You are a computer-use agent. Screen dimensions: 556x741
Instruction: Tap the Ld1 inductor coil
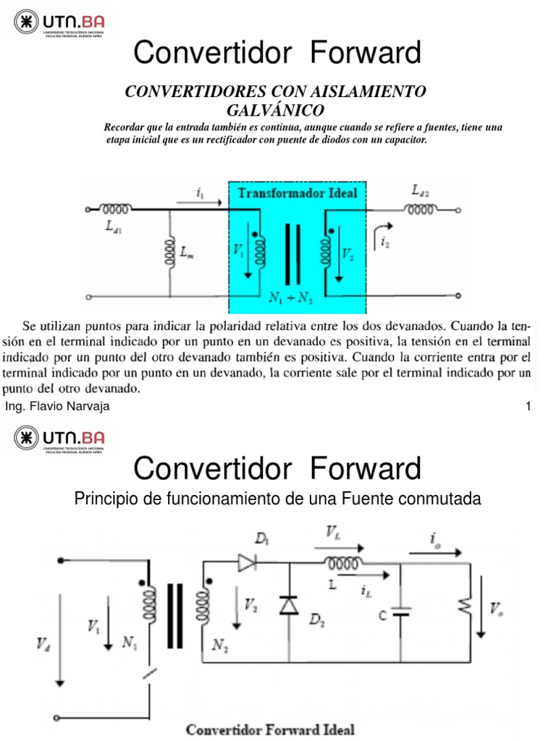tap(116, 210)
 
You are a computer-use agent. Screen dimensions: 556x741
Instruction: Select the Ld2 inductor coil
tap(421, 210)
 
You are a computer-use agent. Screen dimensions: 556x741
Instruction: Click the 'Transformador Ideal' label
tap(298, 193)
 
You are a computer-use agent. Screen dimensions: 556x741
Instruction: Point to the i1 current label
tap(201, 192)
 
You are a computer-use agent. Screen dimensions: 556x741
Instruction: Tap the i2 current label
tap(385, 244)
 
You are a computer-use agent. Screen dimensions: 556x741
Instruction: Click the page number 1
tap(528, 407)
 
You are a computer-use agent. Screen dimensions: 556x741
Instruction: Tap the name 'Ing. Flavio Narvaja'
tap(57, 407)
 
